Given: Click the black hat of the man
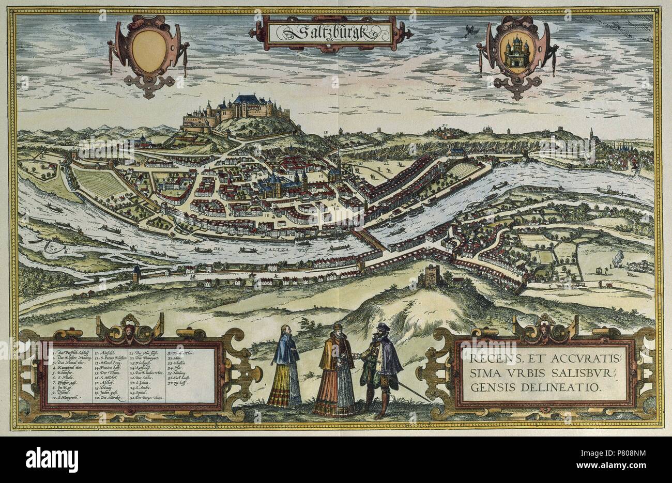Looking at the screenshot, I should click(381, 327).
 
